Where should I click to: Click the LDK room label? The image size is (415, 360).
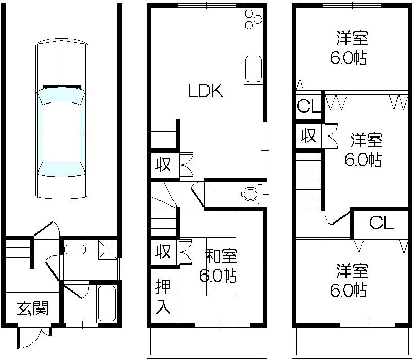pos(205,92)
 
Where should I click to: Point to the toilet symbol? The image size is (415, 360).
pos(251,194)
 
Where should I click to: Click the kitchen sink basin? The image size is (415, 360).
pos(253,69)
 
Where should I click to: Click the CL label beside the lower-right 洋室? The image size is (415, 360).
pos(382,223)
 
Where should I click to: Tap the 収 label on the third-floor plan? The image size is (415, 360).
pos(308,136)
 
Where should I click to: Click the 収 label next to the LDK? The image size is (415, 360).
pos(163,166)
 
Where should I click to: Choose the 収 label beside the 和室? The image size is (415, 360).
pos(163,252)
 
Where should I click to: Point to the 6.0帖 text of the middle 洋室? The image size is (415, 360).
pos(362,160)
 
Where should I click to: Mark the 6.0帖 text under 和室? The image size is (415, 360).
pos(218,276)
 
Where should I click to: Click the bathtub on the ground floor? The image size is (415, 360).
pos(107,303)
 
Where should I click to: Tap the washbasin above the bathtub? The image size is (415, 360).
pos(75,250)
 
